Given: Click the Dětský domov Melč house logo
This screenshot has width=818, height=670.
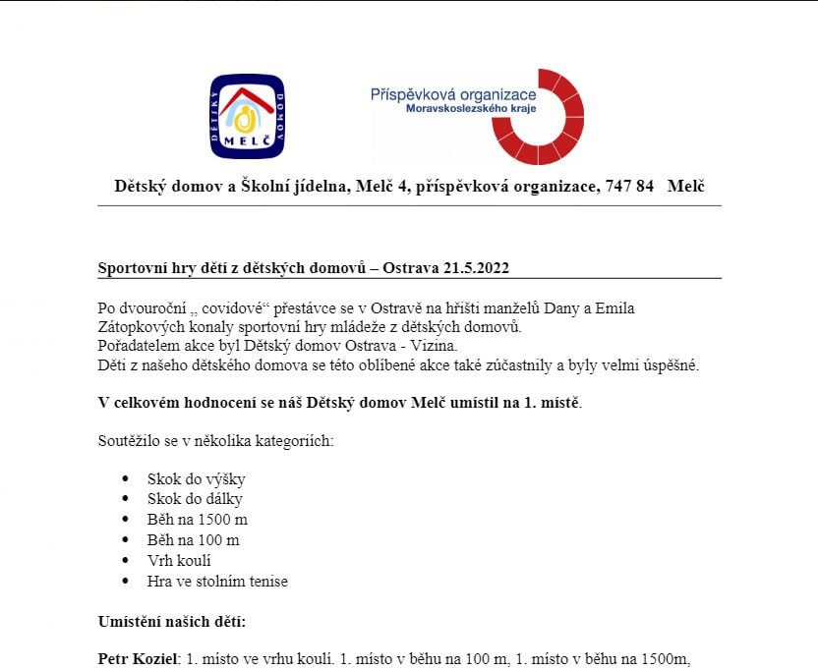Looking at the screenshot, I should pyautogui.click(x=247, y=117).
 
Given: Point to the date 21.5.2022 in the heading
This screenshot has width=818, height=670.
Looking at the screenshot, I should pyautogui.click(x=476, y=268).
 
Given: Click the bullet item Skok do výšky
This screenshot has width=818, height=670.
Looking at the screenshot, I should pyautogui.click(x=196, y=479).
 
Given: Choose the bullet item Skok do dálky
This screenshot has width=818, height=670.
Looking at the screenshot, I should pyautogui.click(x=195, y=499).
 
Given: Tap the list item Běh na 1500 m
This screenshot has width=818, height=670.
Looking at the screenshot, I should pyautogui.click(x=197, y=520).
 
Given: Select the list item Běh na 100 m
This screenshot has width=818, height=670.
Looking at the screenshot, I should pyautogui.click(x=193, y=540).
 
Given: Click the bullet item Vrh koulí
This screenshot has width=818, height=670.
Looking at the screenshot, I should pyautogui.click(x=179, y=561).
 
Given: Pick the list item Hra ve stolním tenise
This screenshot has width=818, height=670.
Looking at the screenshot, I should pyautogui.click(x=217, y=582).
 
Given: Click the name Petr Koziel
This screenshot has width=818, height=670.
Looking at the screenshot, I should pyautogui.click(x=135, y=659).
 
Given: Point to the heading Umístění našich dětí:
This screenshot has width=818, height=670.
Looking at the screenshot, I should pyautogui.click(x=172, y=622).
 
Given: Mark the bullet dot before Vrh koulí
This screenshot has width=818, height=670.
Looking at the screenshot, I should pyautogui.click(x=125, y=561).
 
